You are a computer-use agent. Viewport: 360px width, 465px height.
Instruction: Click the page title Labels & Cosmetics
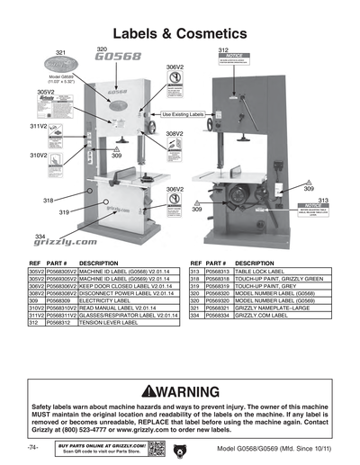179,32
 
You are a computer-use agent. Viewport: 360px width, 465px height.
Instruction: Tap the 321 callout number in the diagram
61,53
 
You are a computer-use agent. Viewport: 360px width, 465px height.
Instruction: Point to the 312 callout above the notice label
223,50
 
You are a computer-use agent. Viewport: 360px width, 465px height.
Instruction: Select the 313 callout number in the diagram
322,200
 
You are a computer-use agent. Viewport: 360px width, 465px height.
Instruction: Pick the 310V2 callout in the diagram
36,156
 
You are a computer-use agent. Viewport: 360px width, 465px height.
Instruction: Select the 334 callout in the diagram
40,235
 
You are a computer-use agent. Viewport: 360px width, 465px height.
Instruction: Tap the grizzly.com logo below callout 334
66,242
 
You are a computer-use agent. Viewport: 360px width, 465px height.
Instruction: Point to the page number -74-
32,447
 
